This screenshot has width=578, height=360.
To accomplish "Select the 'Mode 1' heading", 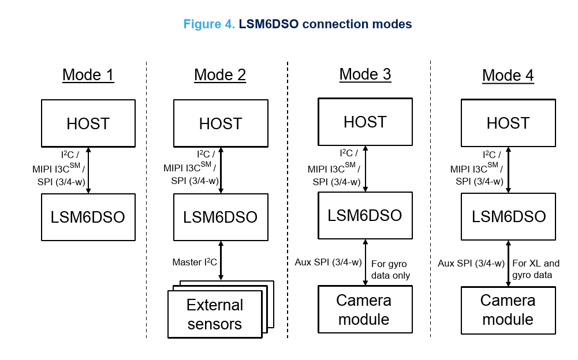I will [x=88, y=75].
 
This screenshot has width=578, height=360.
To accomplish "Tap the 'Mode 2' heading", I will [x=220, y=75].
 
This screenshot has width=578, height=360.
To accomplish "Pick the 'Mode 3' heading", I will [x=365, y=74].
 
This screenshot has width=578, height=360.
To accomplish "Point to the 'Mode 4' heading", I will [x=508, y=76].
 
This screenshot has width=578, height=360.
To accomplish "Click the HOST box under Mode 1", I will [x=88, y=123].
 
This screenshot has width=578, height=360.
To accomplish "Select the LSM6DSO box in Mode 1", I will [x=88, y=217].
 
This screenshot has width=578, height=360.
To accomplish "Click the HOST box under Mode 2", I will [x=221, y=123].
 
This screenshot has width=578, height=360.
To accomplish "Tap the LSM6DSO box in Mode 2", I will [x=221, y=217].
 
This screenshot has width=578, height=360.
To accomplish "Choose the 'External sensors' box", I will [x=215, y=314].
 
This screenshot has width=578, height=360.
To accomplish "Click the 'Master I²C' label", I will [x=195, y=262].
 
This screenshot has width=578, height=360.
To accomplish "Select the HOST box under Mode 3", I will [x=365, y=122].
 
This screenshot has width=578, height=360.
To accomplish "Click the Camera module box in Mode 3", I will [x=364, y=310].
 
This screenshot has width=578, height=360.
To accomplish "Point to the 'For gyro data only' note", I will [x=391, y=269].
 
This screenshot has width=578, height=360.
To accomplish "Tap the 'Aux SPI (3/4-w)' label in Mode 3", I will [x=328, y=262].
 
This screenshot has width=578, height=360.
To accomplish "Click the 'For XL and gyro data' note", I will [x=536, y=269].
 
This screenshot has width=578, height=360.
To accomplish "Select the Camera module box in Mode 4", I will [x=508, y=310].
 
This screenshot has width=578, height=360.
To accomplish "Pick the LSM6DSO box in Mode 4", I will [x=508, y=216].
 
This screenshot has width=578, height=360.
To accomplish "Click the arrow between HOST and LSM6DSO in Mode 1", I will [x=88, y=170].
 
